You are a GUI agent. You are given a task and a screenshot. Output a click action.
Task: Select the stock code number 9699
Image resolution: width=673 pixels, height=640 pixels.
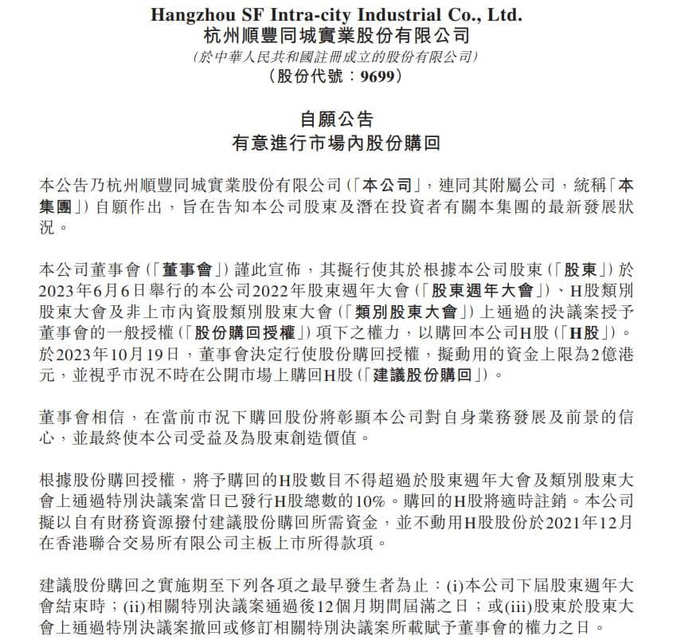(373, 77)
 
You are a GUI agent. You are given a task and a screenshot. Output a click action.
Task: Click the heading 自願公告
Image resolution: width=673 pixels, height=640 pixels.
(336, 120)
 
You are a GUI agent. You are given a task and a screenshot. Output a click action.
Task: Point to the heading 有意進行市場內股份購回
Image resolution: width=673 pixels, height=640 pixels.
(336, 143)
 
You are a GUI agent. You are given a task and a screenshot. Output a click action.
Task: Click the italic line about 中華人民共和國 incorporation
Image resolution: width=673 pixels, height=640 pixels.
(336, 57)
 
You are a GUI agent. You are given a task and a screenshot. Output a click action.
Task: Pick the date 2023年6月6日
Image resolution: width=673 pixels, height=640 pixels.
(82, 287)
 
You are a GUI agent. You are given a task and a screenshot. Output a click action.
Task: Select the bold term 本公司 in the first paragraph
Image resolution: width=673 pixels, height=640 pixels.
(392, 184)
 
